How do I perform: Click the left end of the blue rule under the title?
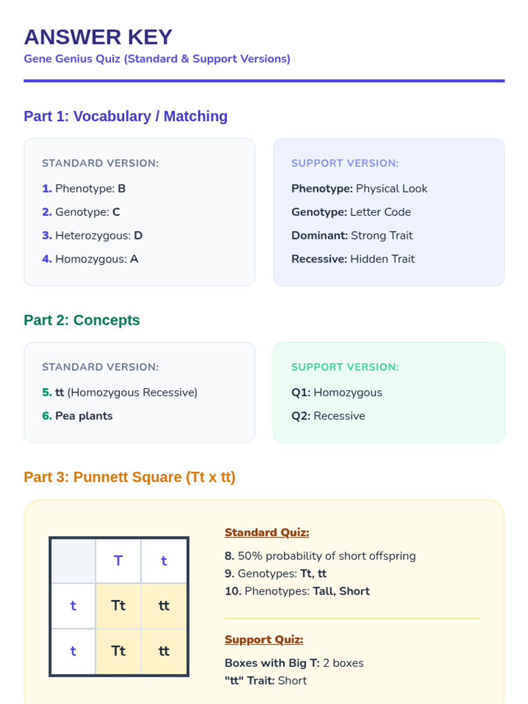pos(24,81)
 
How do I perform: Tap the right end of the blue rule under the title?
pos(504,81)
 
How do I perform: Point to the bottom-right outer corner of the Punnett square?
pos(189,676)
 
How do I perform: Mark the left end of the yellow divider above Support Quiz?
pos(225,618)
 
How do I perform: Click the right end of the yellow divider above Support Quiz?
pos(479,618)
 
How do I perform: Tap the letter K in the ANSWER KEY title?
pos(135,37)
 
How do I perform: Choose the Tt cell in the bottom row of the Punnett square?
pos(118,651)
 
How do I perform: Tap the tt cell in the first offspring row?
pos(164,605)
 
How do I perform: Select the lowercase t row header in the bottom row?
pos(73,651)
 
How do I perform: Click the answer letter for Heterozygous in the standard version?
pos(138,235)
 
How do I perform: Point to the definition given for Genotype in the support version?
pos(380,212)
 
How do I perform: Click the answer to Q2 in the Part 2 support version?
pos(339,416)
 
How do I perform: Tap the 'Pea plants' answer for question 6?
pos(84,416)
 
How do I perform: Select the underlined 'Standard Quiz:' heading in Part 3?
pos(267,532)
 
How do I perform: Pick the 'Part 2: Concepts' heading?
pos(82,320)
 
